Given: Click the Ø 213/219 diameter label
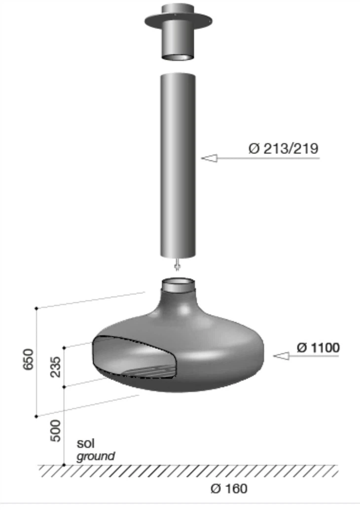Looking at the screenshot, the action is pyautogui.click(x=283, y=148).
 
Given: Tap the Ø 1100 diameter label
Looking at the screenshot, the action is pyautogui.click(x=318, y=348).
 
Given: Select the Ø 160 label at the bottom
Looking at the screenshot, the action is pyautogui.click(x=229, y=488).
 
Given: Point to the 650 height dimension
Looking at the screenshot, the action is pyautogui.click(x=29, y=359).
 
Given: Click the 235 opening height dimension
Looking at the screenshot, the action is pyautogui.click(x=56, y=367).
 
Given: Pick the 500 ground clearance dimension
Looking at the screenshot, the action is pyautogui.click(x=56, y=431).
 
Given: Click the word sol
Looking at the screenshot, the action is pyautogui.click(x=86, y=443).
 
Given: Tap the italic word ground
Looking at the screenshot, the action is pyautogui.click(x=96, y=456).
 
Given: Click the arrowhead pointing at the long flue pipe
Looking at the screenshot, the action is pyautogui.click(x=209, y=158).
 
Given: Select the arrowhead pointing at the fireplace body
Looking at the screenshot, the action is pyautogui.click(x=281, y=356).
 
